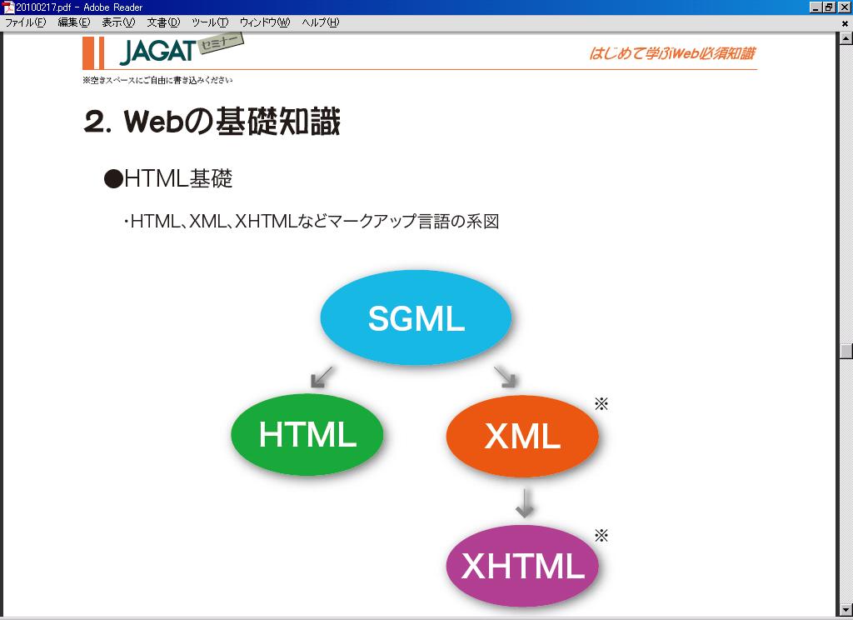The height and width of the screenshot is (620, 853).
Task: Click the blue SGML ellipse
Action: (x=416, y=317)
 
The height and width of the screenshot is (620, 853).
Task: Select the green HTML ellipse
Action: (x=307, y=434)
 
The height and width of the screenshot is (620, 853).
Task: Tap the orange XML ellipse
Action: (x=522, y=436)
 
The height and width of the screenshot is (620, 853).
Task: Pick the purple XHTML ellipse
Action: (x=522, y=566)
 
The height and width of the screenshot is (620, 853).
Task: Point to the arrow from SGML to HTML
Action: (x=322, y=377)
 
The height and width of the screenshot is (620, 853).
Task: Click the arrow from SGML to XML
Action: (x=506, y=377)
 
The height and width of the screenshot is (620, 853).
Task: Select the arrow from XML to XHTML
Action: (x=525, y=503)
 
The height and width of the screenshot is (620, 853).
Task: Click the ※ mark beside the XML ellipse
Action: (x=601, y=404)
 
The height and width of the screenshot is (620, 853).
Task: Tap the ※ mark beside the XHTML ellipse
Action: (x=601, y=536)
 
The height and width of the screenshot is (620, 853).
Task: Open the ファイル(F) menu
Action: (x=26, y=22)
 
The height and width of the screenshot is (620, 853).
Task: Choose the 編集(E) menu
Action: (x=74, y=22)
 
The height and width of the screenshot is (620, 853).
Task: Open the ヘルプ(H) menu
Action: (x=321, y=22)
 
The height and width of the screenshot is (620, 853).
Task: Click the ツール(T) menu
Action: (x=210, y=22)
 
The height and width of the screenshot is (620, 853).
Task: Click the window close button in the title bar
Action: (x=845, y=7)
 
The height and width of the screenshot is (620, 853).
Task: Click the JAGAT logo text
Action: (x=157, y=52)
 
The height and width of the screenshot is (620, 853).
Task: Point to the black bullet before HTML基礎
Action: (x=113, y=179)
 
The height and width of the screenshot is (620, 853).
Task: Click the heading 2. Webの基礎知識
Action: (x=212, y=121)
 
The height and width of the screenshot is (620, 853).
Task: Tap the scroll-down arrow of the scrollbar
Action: (x=846, y=609)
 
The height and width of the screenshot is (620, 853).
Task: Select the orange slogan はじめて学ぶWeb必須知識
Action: (x=672, y=53)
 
